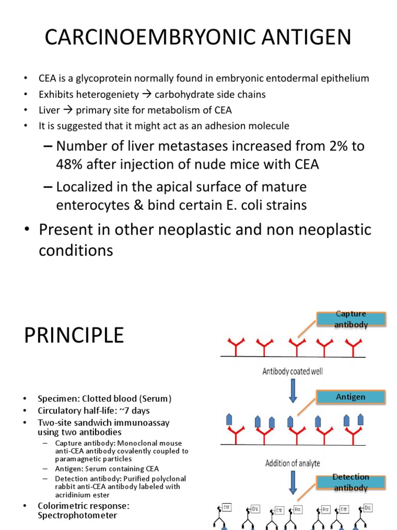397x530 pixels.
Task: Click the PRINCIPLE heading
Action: click(74, 335)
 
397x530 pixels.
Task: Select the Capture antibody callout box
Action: click(350, 319)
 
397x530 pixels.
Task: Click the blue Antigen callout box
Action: click(350, 397)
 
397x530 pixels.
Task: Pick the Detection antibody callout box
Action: click(350, 482)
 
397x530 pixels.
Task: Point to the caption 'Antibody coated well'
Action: click(293, 371)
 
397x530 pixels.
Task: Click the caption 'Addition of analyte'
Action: click(293, 463)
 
